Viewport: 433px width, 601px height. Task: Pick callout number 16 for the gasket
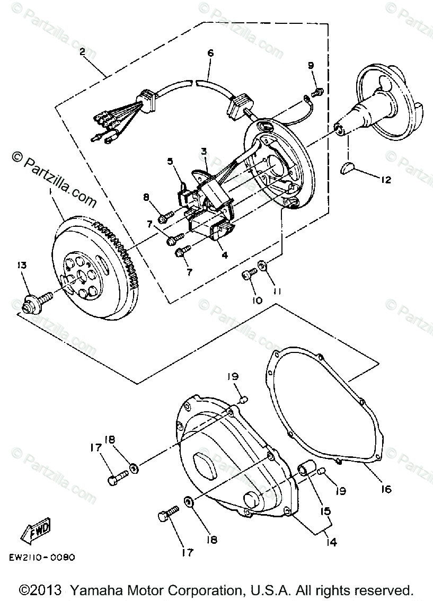tap(386, 489)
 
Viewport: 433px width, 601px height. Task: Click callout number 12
tap(385, 180)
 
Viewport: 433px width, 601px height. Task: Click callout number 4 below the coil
tap(225, 255)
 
